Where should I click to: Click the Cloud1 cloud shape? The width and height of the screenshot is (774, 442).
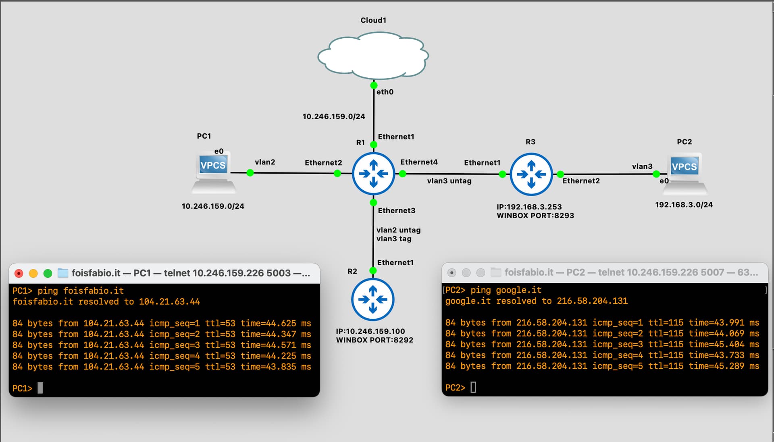(373, 56)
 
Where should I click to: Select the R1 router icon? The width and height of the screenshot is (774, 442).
(373, 174)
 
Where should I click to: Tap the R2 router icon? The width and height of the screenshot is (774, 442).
(373, 299)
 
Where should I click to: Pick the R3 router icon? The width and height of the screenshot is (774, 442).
(531, 174)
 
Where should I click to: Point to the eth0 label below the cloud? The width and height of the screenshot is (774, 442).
(385, 92)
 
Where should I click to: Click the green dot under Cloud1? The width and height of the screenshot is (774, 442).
(374, 85)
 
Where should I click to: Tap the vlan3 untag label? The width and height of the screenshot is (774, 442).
(449, 181)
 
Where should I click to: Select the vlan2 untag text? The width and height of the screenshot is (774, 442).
(398, 230)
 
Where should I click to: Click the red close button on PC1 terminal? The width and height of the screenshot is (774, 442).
(19, 274)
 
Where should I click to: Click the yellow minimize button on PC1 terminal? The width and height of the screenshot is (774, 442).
(33, 274)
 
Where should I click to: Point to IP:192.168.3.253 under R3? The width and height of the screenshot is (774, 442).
(529, 207)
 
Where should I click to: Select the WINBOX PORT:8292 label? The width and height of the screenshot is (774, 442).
(375, 340)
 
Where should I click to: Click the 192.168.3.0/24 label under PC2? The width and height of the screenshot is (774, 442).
(684, 205)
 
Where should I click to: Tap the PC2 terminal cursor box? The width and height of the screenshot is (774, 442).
(473, 388)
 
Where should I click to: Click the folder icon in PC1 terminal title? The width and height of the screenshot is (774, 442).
(63, 273)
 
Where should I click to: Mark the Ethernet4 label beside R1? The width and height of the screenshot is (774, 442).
(419, 162)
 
